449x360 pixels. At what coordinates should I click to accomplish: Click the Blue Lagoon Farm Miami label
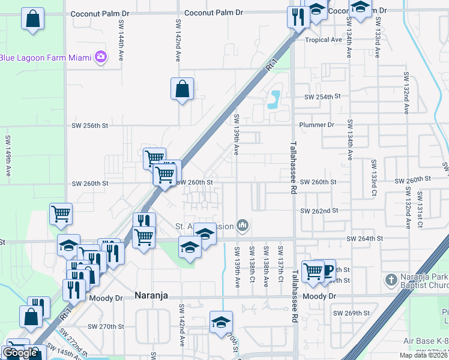click(x=46, y=58)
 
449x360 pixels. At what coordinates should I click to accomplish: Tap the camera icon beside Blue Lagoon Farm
click(x=100, y=58)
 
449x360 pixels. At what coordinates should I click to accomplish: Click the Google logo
click(x=20, y=353)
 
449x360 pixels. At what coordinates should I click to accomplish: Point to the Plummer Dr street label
click(x=319, y=125)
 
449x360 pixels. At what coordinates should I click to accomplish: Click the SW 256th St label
click(x=90, y=125)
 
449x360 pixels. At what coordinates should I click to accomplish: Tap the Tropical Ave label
click(x=324, y=40)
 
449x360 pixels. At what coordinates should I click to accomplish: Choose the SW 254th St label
click(x=322, y=97)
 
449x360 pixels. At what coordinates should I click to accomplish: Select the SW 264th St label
click(x=364, y=238)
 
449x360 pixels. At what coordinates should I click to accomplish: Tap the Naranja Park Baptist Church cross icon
click(x=391, y=280)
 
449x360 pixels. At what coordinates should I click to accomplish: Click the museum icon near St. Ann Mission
click(x=243, y=226)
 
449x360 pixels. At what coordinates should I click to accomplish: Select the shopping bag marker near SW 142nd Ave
click(x=182, y=89)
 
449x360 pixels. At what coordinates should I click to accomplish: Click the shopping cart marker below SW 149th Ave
click(x=61, y=213)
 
